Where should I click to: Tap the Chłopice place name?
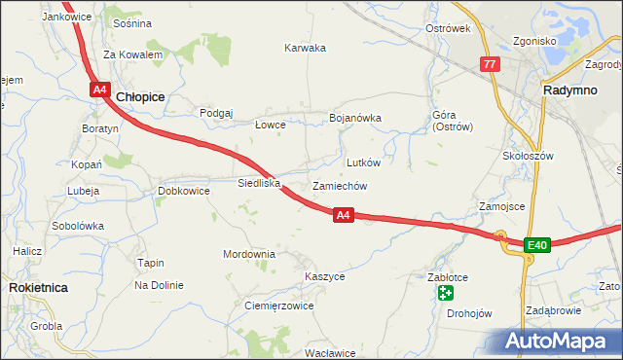coord(140,97)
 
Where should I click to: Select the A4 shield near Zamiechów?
coord(343,215)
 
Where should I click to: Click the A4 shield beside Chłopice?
coord(100,90)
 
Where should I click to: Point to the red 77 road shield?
coord(490,64)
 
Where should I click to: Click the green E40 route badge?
coord(537,244)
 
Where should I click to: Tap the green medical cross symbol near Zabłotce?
coord(445,293)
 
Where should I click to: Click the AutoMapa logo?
coord(556,342)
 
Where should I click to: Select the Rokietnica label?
coord(37,288)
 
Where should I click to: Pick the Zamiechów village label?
coord(339,186)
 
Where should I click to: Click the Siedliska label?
coord(259,182)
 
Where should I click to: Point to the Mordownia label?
coord(249,254)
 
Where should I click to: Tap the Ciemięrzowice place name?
coord(278,306)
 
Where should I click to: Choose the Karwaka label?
coord(305,48)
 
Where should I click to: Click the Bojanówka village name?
coord(354,118)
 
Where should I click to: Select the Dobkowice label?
coord(184,191)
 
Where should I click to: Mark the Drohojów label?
coord(469,313)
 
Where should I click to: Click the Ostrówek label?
coord(448,28)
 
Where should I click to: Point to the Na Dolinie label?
coord(160,285)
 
